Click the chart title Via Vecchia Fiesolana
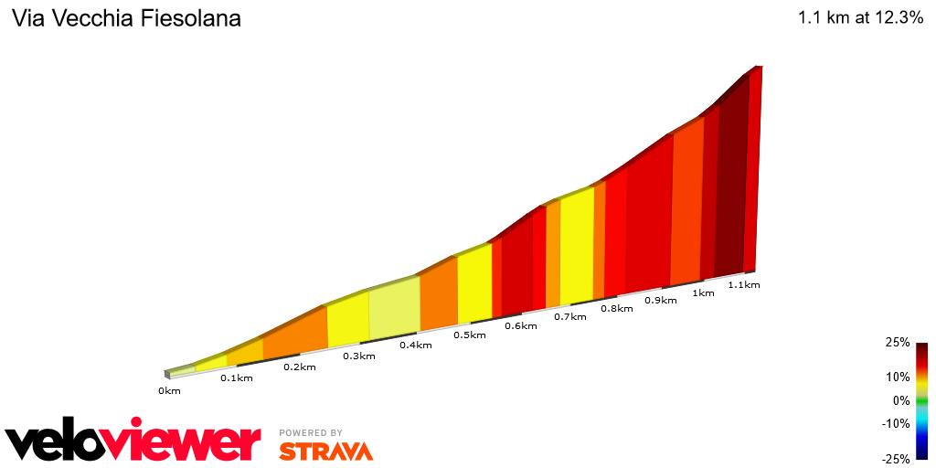pos(126,19)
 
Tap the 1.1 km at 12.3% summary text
pos(860,18)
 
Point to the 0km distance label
pos(169,391)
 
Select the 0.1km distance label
pos(236,378)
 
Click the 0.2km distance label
pos(299,367)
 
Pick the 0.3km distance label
pos(359,356)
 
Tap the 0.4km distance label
pos(415,346)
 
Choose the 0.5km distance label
pos(469,335)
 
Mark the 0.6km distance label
pos(520,326)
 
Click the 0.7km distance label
pos(569,317)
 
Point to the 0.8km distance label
pos(616,309)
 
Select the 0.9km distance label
pos(661,301)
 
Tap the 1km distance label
pos(703,293)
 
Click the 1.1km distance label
pos(743,285)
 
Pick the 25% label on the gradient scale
pos(898,343)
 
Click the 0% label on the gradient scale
pos(901,400)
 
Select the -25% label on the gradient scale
pos(896,459)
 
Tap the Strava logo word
pos(326,451)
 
